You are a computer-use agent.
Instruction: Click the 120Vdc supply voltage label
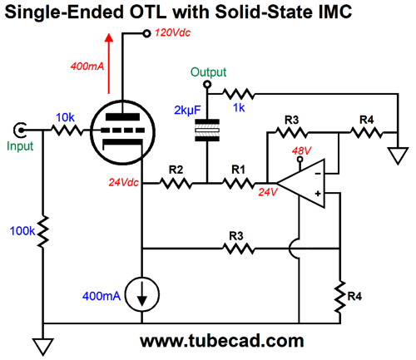(x=172, y=32)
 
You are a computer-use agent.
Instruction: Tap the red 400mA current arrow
(x=109, y=63)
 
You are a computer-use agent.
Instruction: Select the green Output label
(x=208, y=72)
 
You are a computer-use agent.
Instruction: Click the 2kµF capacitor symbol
(x=207, y=131)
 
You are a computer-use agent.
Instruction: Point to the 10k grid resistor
(x=67, y=130)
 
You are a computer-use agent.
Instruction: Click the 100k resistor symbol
(x=43, y=231)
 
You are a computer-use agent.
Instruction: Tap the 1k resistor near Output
(x=239, y=94)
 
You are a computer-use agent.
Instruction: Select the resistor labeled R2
(x=176, y=183)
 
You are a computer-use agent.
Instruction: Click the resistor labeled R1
(x=238, y=183)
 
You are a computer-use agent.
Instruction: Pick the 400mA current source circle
(x=142, y=294)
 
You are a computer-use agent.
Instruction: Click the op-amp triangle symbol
(x=301, y=183)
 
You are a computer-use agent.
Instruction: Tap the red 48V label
(x=302, y=150)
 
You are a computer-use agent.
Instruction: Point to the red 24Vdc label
(x=123, y=182)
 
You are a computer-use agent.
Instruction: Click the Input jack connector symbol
(x=20, y=130)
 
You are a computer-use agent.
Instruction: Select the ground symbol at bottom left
(x=43, y=347)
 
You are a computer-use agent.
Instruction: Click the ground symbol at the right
(x=398, y=156)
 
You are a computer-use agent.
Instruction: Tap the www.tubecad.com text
(x=222, y=341)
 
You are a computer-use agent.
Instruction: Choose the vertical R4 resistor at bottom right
(x=340, y=297)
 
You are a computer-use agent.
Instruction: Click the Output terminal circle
(x=207, y=84)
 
